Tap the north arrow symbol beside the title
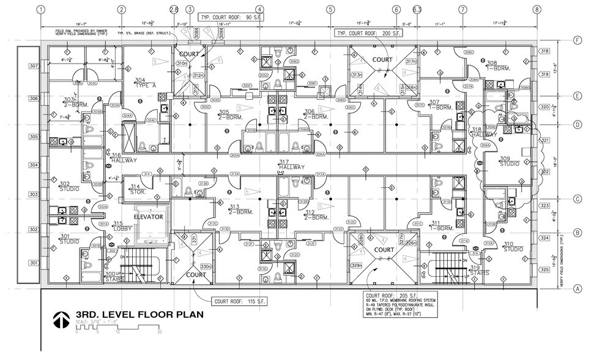(x=60, y=319)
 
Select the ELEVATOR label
(x=147, y=217)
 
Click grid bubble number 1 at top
(x=41, y=9)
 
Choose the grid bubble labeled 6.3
(x=417, y=9)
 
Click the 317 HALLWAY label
(x=292, y=164)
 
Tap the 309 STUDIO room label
(x=508, y=161)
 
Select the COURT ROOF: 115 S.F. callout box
(x=242, y=301)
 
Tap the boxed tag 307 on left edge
(x=34, y=66)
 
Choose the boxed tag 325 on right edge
(x=544, y=269)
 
